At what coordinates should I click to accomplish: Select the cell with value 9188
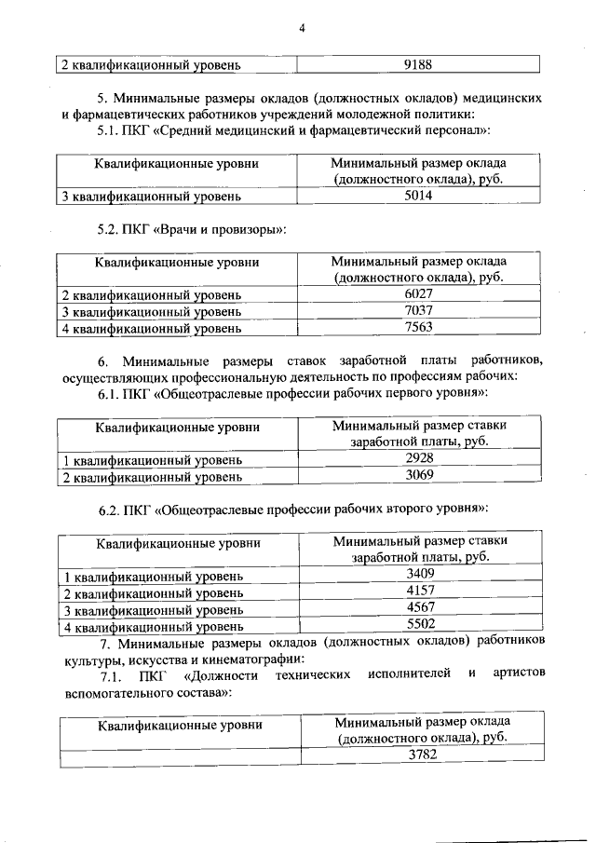click(419, 65)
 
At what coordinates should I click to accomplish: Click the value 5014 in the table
click(419, 197)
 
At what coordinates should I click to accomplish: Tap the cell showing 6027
click(419, 294)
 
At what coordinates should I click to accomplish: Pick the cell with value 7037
click(419, 310)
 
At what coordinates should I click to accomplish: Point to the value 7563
click(419, 327)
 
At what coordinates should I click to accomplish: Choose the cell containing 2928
click(419, 458)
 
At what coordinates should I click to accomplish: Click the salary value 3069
click(419, 475)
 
